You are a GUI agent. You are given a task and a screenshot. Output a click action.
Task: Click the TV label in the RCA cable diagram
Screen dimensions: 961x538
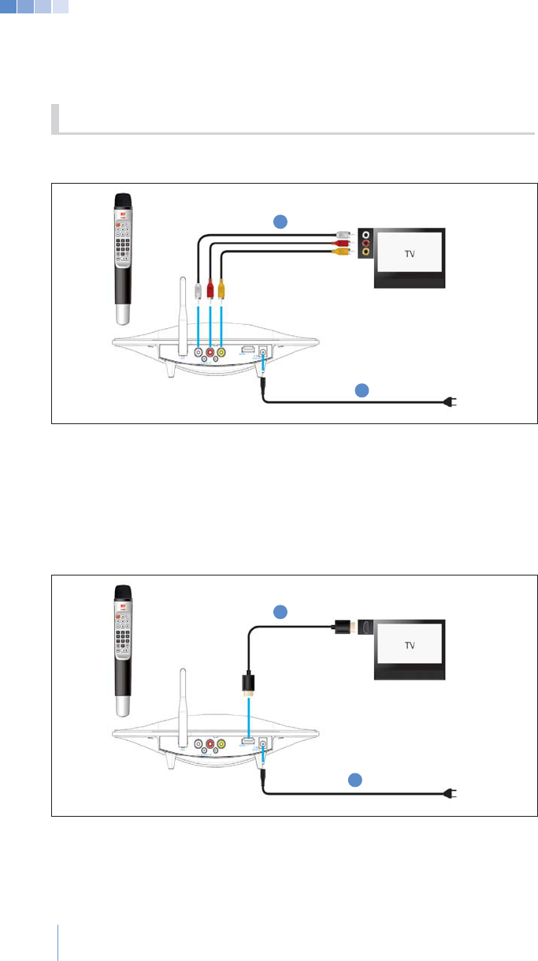tap(409, 255)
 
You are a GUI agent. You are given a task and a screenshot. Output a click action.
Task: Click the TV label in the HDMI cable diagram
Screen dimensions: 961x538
tap(409, 645)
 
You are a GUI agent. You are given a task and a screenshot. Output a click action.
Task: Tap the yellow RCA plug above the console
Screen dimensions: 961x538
tap(223, 289)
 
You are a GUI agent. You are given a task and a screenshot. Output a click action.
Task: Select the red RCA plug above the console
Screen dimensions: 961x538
tap(210, 289)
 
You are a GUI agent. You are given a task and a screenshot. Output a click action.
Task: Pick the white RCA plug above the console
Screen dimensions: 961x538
tap(197, 289)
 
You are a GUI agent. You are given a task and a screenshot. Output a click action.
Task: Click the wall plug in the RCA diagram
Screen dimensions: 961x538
tap(451, 402)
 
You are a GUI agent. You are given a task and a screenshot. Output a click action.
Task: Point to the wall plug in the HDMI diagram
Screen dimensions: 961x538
tap(451, 793)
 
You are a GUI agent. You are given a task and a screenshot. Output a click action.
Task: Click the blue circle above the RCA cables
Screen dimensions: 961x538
tap(279, 222)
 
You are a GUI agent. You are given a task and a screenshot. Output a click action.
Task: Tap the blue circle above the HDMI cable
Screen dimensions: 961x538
tap(279, 611)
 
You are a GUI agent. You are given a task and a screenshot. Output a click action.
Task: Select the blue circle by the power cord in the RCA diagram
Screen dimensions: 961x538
tap(361, 389)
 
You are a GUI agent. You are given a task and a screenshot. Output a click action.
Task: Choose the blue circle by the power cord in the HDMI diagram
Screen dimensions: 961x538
tap(354, 780)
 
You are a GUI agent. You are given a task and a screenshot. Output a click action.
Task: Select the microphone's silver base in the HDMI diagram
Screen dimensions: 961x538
tap(124, 704)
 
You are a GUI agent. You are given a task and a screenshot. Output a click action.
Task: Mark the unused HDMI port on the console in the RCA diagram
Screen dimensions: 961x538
tap(247, 350)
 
